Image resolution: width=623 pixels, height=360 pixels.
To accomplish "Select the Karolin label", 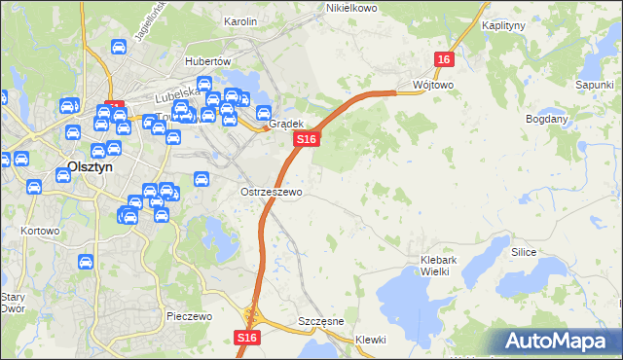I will click(x=239, y=20).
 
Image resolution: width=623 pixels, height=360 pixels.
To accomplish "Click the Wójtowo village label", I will click(x=433, y=85).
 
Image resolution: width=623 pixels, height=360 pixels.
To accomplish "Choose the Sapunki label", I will click(x=594, y=86).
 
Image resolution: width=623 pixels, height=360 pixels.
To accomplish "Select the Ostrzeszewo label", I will click(x=272, y=192).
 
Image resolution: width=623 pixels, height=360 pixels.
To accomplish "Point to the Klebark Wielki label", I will click(x=447, y=266).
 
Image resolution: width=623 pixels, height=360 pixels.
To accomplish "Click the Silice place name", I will click(x=525, y=251).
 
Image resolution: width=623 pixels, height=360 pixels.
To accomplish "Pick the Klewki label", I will click(x=370, y=340).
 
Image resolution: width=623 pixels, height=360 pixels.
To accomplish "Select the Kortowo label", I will click(x=40, y=232).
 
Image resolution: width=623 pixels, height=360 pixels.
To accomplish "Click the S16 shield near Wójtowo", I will click(x=444, y=59).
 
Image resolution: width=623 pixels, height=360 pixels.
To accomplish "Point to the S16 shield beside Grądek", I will click(x=306, y=140).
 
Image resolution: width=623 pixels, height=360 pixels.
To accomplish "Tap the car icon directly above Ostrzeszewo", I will click(x=202, y=179).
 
